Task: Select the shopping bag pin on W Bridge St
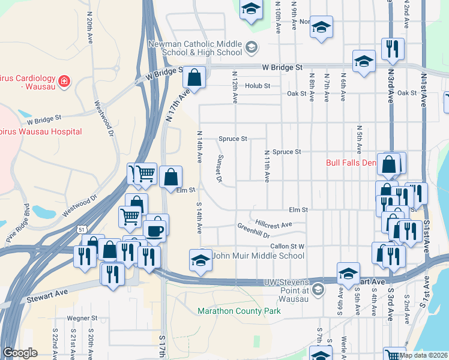[194, 77]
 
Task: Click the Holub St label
[259, 86]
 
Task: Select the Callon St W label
[288, 246]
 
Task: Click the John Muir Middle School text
[260, 256]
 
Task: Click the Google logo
[20, 353]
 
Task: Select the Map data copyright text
[424, 355]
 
